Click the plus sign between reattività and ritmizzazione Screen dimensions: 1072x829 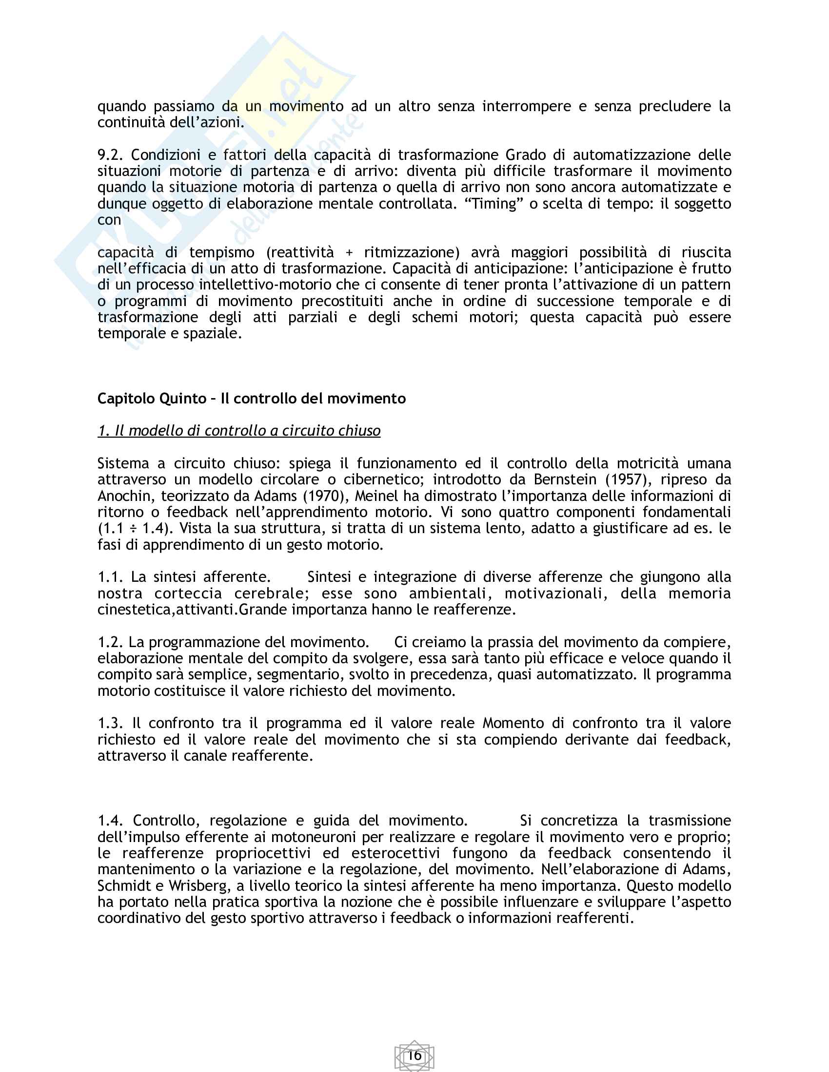[x=349, y=253]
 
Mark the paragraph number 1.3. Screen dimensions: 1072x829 [x=110, y=723]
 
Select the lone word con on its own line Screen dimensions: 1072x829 [x=109, y=220]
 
